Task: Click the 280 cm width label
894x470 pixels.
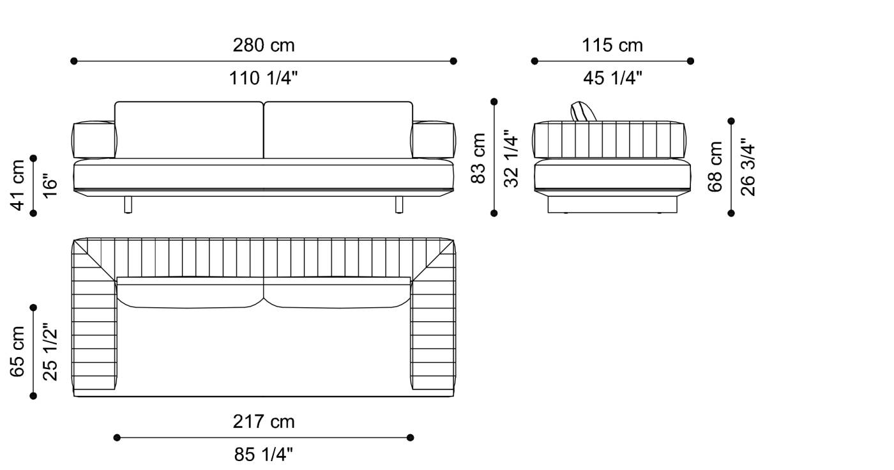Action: (x=263, y=45)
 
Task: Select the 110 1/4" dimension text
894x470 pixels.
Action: (x=263, y=79)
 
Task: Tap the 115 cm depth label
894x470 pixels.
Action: (x=612, y=45)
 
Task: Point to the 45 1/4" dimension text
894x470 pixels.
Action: (x=612, y=79)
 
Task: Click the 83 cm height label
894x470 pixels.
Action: (x=478, y=158)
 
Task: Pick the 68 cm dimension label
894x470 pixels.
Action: (x=715, y=167)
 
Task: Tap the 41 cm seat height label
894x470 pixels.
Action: (x=19, y=185)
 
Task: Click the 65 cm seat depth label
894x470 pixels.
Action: (x=19, y=352)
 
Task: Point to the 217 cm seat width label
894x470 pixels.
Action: (x=263, y=421)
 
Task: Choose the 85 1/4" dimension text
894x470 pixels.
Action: (x=263, y=455)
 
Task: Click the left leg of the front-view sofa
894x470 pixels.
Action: (x=128, y=204)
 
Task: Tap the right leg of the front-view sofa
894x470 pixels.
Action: (x=400, y=204)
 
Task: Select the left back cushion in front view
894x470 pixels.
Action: (x=189, y=130)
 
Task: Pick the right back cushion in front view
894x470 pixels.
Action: (x=338, y=130)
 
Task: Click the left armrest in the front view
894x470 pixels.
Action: (x=94, y=140)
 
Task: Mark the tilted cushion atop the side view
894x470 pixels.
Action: (x=584, y=110)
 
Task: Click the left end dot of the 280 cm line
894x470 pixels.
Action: (x=74, y=61)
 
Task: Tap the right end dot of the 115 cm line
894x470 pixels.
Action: (x=690, y=61)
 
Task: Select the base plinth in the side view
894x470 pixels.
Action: (x=612, y=204)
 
